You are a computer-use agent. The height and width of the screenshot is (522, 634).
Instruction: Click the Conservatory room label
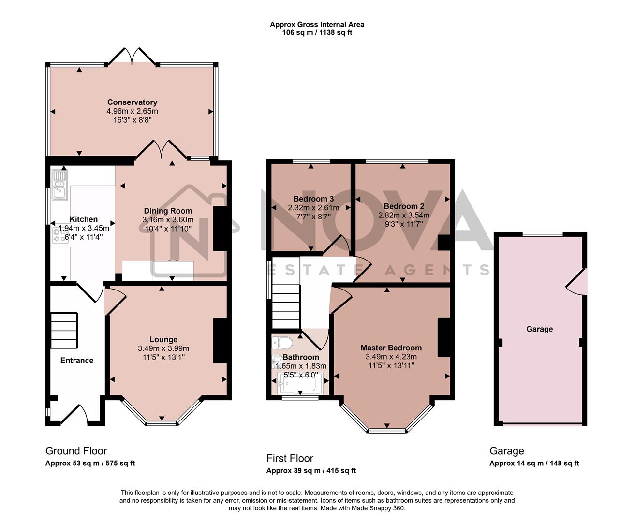coord(132,102)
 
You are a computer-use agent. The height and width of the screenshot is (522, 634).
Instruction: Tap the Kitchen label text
coord(84,219)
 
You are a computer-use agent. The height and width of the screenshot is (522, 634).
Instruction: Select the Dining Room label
coord(168,211)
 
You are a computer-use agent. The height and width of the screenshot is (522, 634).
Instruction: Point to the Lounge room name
coord(163,340)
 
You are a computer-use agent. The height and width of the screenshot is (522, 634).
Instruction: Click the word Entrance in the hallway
coord(77,360)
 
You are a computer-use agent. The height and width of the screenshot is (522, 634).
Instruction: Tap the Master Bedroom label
coord(391,348)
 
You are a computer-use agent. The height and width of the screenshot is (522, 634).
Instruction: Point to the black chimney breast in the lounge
coord(220,340)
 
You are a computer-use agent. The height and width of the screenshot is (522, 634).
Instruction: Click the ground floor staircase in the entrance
coord(64,331)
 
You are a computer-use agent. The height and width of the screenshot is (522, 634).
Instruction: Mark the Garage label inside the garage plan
coord(539,329)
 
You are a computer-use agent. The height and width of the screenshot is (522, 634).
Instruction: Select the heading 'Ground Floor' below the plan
coord(76,451)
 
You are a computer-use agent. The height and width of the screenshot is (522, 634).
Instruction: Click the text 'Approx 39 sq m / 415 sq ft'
coord(311,471)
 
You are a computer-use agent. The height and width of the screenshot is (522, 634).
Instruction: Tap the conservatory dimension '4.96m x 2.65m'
coord(132,111)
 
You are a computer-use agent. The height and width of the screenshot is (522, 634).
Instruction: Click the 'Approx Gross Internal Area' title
coord(317,24)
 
